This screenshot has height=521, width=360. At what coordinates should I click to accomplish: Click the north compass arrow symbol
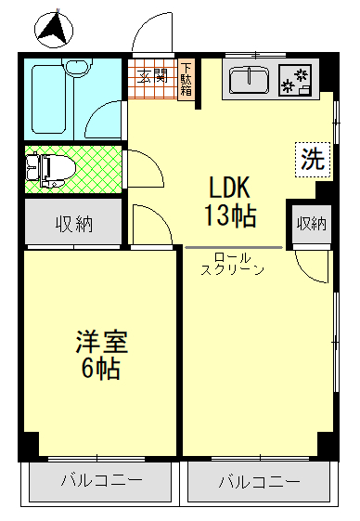coord(53,29)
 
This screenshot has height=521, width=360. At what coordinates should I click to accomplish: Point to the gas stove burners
coord(298,80)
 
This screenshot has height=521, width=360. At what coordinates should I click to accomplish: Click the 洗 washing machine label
coord(313,158)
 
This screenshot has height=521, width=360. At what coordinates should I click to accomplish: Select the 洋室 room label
coord(101,341)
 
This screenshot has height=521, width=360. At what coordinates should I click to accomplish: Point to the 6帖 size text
coord(101,369)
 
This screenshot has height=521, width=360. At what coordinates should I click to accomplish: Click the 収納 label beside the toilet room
coord(71,224)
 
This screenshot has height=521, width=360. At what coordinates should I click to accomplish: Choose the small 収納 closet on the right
coord(311,223)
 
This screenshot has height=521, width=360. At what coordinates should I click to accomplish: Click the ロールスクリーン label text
coord(232,263)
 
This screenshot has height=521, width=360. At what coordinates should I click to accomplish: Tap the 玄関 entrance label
coord(152,77)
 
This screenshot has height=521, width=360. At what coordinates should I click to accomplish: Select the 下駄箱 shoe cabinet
coord(186,80)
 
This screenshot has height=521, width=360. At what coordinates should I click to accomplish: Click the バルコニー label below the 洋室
coord(101,481)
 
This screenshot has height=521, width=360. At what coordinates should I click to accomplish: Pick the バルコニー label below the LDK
coord(260,482)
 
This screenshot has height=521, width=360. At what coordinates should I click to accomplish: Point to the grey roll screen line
coord(232,247)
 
